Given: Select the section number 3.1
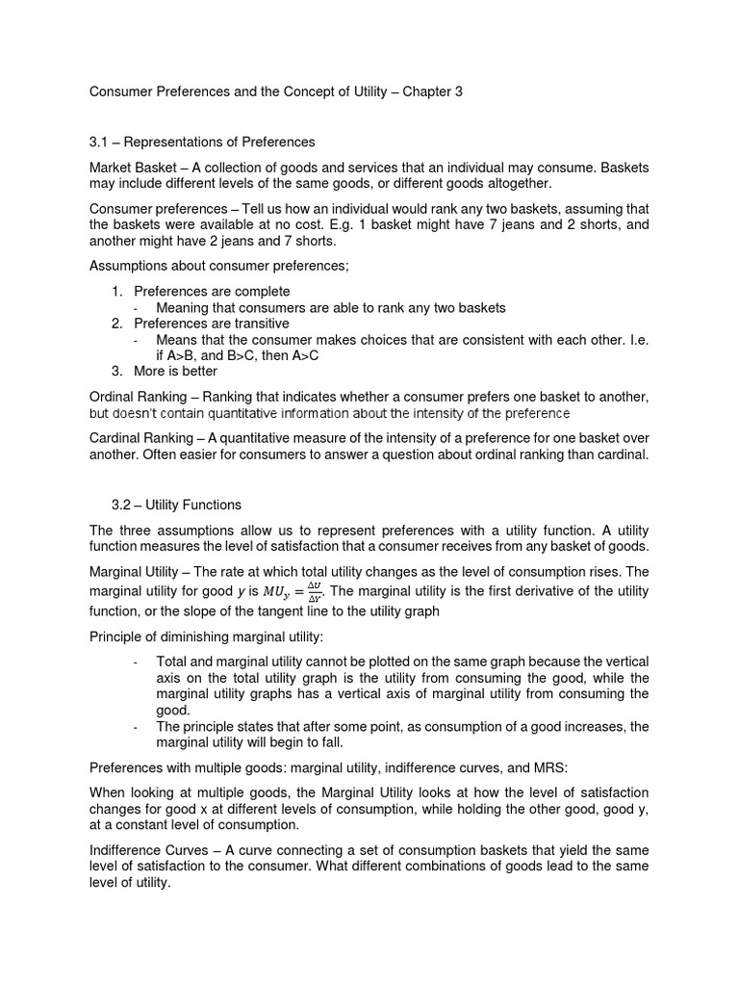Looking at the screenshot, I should pos(99,143).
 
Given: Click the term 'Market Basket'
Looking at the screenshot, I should pos(132,168).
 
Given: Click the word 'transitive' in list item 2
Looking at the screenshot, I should pos(259,324).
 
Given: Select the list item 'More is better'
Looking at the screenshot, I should pos(175,371).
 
